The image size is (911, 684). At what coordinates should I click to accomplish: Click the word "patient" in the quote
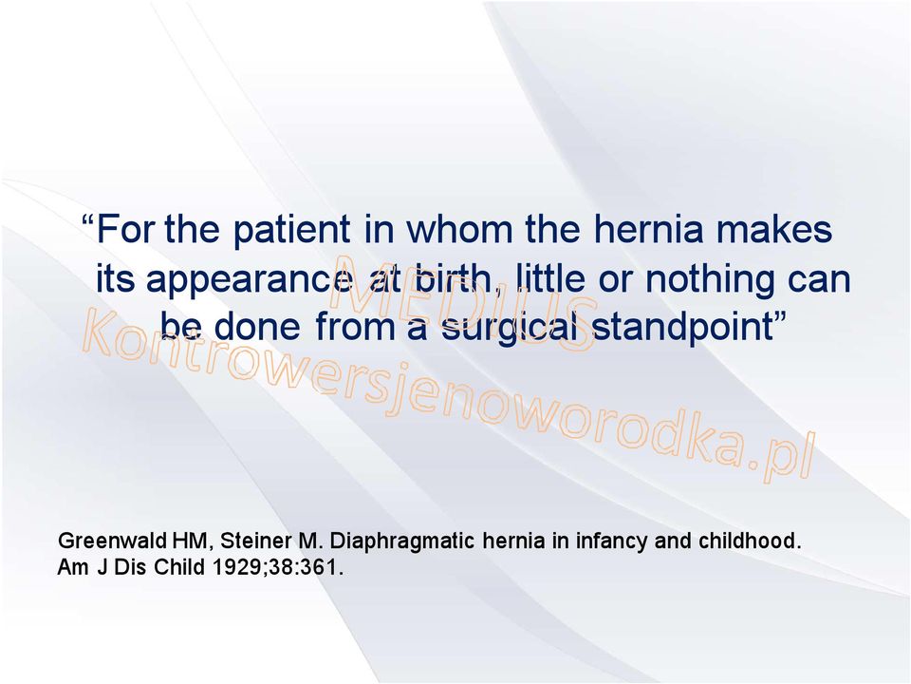291,230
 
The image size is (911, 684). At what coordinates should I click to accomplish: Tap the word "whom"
459,229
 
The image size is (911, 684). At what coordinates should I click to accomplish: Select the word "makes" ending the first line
774,229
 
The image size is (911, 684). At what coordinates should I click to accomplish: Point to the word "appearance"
248,280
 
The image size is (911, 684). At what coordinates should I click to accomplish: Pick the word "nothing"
710,280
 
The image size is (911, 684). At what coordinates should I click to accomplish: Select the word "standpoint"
682,329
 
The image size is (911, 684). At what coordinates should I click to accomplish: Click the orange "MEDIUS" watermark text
464,302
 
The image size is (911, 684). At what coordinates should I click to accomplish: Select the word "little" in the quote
550,278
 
